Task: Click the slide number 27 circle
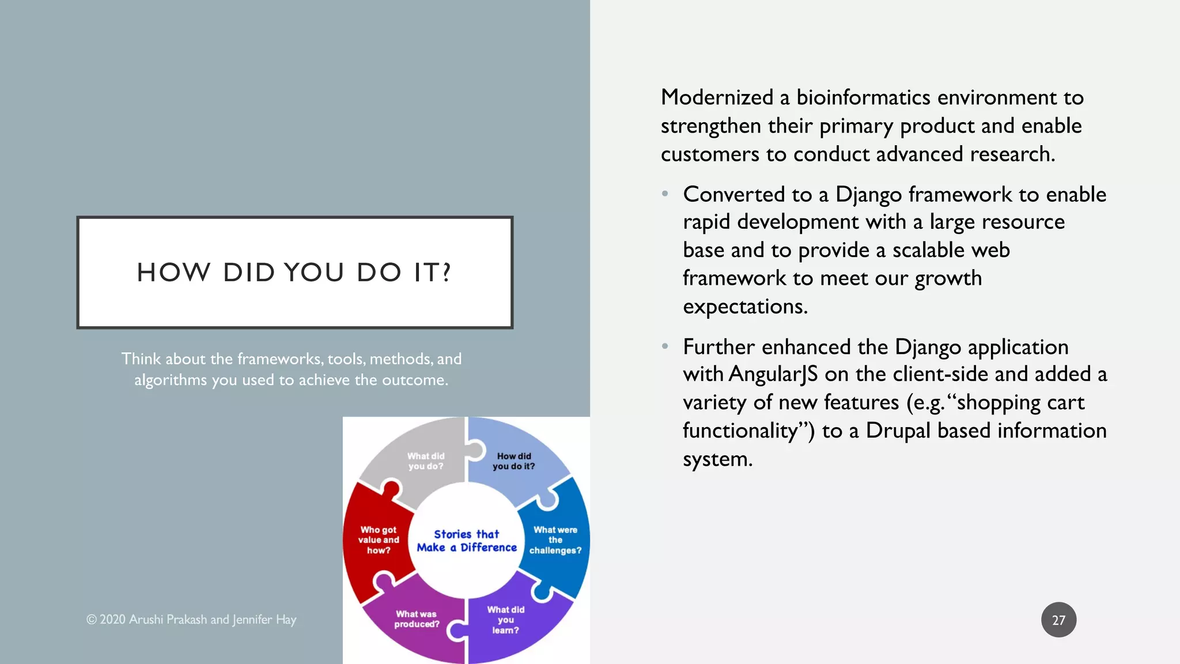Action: coord(1058,620)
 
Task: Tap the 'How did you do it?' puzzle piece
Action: coord(513,461)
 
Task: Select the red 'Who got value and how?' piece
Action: coord(379,540)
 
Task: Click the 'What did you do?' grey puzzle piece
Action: coord(426,461)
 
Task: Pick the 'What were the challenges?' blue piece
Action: coord(555,540)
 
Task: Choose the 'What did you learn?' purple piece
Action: coord(505,620)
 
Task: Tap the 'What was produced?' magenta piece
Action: coord(417,619)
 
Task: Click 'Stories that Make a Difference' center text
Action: coord(467,541)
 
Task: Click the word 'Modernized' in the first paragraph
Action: coord(717,97)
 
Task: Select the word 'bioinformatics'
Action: coord(863,97)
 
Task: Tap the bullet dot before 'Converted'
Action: coord(665,194)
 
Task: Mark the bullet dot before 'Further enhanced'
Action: coord(665,346)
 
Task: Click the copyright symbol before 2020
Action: coord(91,620)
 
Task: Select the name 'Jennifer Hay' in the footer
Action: coord(264,620)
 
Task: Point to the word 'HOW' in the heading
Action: coord(173,272)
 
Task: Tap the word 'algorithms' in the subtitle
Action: coord(170,380)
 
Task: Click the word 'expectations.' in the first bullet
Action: coord(745,307)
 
